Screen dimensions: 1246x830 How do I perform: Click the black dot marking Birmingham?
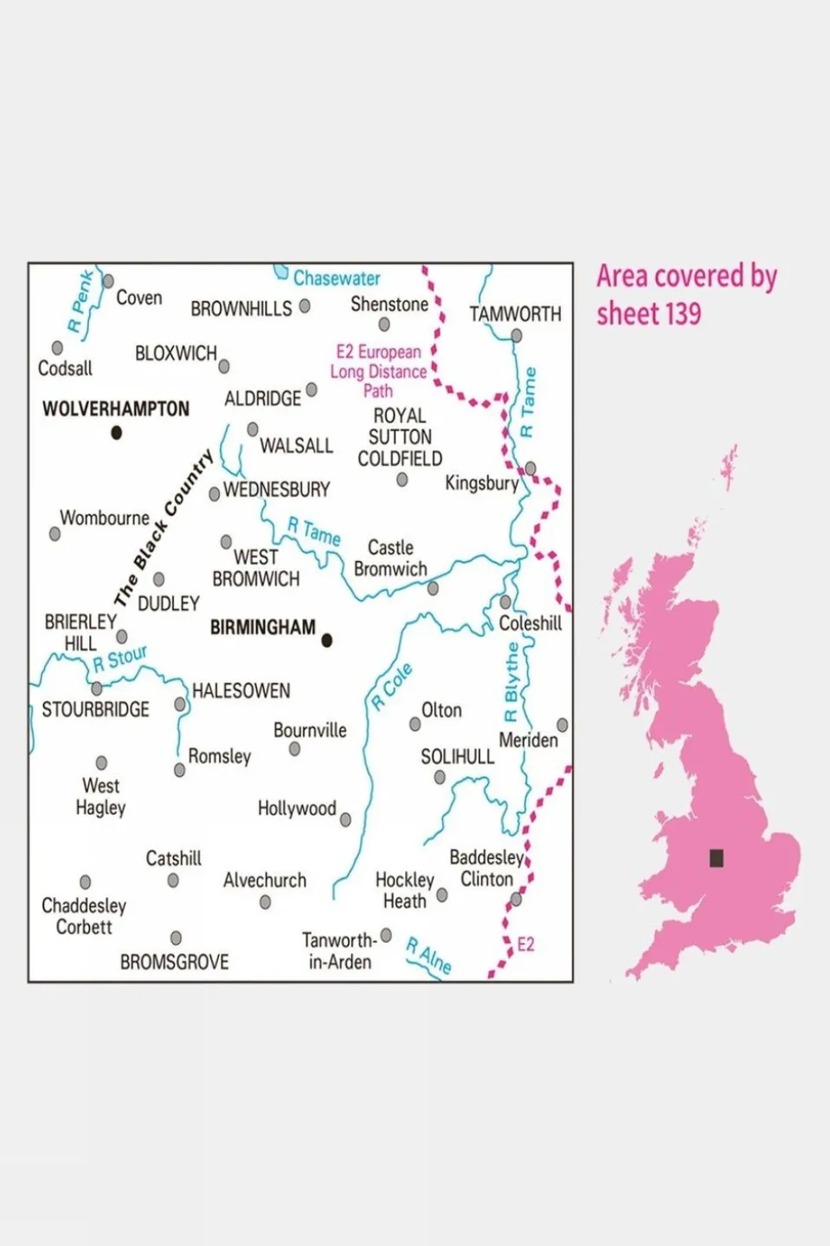pyautogui.click(x=327, y=641)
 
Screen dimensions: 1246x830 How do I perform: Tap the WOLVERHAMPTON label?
pyautogui.click(x=116, y=409)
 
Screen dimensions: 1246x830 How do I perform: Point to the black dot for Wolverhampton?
pyautogui.click(x=117, y=433)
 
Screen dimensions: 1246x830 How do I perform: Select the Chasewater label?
pyautogui.click(x=337, y=279)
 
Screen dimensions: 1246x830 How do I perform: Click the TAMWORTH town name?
pyautogui.click(x=515, y=314)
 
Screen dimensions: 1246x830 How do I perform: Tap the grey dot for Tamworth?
pyautogui.click(x=517, y=336)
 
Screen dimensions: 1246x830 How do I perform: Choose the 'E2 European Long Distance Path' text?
pyautogui.click(x=378, y=371)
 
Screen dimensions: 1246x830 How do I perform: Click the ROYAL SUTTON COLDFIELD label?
pyautogui.click(x=400, y=437)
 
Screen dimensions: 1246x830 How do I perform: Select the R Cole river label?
pyautogui.click(x=392, y=688)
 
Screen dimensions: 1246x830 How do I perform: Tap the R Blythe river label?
pyautogui.click(x=512, y=682)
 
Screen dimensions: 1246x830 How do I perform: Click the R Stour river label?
pyautogui.click(x=120, y=659)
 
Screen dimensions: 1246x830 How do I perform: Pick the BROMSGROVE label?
pyautogui.click(x=174, y=962)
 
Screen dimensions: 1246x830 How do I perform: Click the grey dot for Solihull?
pyautogui.click(x=440, y=778)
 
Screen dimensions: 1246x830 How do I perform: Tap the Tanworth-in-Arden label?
pyautogui.click(x=339, y=951)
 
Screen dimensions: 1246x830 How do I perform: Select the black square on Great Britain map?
pyautogui.click(x=717, y=858)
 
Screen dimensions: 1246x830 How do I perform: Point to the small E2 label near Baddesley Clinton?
pyautogui.click(x=525, y=945)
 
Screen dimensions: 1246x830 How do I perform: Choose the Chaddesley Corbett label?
pyautogui.click(x=84, y=916)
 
